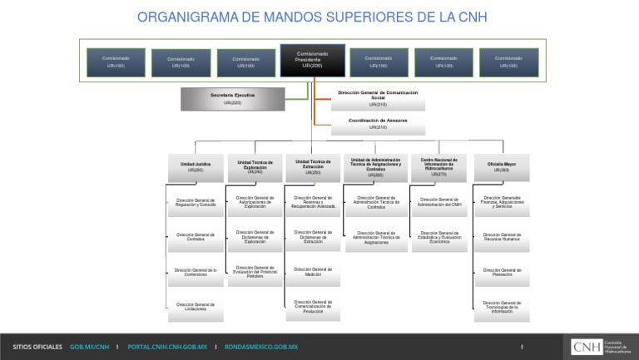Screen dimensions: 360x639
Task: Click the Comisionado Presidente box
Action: point(312,60)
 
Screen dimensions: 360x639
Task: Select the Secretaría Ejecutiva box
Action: point(232,99)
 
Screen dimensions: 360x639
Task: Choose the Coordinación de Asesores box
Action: point(378,123)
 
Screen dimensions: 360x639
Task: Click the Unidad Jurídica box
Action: point(196,166)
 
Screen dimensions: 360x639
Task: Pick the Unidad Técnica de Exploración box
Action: point(255,166)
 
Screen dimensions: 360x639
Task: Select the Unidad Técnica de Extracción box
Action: point(313,166)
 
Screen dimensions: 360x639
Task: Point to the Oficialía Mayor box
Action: point(502,166)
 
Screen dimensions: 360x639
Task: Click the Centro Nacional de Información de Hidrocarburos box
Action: point(439,166)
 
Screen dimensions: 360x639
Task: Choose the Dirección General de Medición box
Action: point(313,272)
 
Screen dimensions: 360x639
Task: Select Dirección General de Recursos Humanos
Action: point(502,237)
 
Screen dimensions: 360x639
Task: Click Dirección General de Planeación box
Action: point(502,272)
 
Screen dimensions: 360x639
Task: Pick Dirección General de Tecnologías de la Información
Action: point(502,308)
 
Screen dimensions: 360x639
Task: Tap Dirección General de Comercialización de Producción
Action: point(313,307)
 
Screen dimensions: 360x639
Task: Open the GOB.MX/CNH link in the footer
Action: point(90,347)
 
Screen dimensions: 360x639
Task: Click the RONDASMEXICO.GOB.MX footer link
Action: point(261,347)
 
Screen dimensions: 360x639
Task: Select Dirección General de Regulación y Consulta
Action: point(196,202)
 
